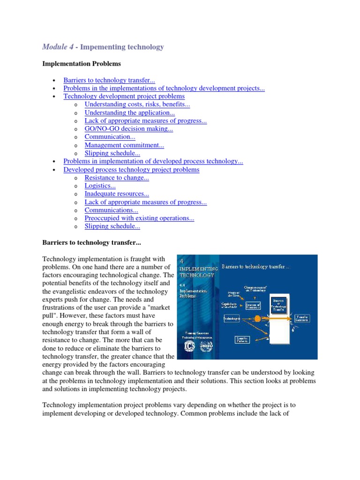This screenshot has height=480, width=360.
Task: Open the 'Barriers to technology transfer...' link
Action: (106, 80)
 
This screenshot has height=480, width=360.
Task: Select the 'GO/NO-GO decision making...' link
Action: (128, 129)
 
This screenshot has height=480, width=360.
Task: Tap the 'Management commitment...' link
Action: (124, 145)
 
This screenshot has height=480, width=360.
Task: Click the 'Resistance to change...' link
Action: (117, 178)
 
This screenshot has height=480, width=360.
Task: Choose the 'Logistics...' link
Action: (100, 186)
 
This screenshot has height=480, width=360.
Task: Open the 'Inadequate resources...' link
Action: (117, 194)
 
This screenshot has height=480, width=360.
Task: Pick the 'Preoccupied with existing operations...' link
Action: (139, 218)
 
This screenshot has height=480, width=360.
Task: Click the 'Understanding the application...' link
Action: (129, 112)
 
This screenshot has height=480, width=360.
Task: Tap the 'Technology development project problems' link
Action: (124, 97)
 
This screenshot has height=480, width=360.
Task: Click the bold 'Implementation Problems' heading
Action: (82, 63)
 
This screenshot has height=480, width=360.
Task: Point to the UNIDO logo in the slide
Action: (206, 347)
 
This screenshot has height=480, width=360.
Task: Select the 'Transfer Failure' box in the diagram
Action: (242, 338)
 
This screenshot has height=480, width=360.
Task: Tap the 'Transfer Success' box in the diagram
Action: (302, 318)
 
